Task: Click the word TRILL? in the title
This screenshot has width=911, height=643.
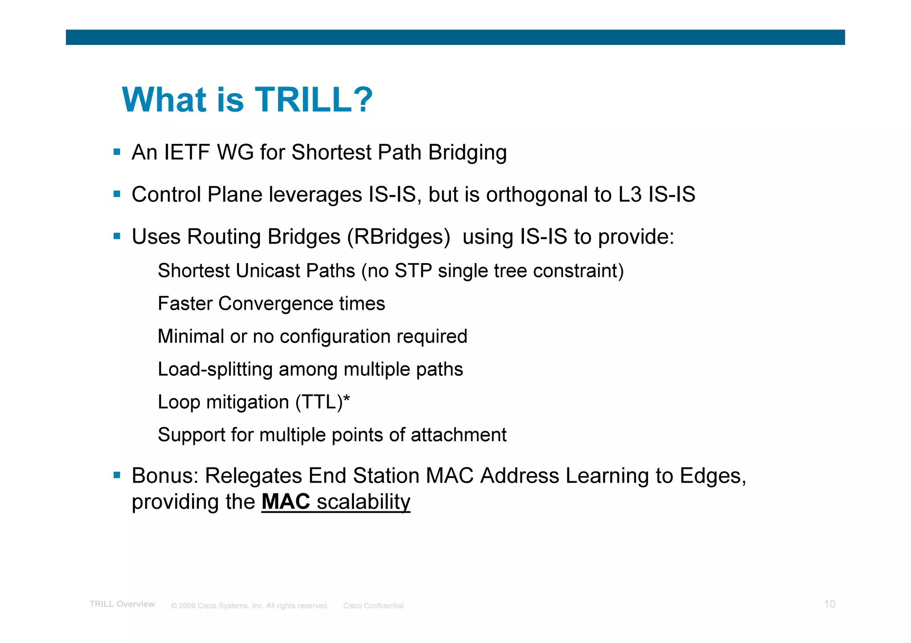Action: point(313,100)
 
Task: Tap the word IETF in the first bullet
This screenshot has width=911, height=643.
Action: point(187,152)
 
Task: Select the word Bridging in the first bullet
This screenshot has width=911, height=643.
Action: point(467,152)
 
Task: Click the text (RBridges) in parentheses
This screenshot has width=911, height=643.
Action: point(398,237)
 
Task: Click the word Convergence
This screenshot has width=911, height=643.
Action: point(276,304)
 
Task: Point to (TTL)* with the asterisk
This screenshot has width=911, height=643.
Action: point(323,402)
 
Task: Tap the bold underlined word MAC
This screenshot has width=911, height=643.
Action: point(286,502)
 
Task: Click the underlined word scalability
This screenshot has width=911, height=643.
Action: point(363,502)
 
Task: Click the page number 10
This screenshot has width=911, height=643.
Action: point(829,604)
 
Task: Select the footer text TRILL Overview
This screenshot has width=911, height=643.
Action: point(122,604)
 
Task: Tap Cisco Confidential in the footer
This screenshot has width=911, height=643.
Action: point(373,606)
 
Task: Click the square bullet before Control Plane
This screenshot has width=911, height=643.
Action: point(117,194)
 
